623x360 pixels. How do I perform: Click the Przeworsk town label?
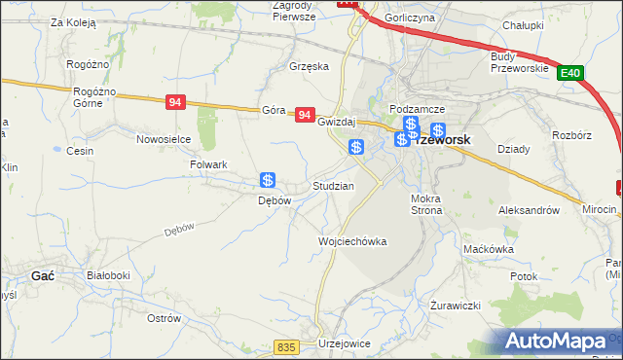(x=443, y=140)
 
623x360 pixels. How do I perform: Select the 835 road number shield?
(x=285, y=346)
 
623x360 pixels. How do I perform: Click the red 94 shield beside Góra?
(x=306, y=115)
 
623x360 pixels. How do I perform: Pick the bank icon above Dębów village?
(x=268, y=180)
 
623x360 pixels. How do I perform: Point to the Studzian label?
(x=332, y=185)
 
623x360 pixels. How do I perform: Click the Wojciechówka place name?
(x=352, y=241)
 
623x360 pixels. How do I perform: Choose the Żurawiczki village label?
(x=456, y=305)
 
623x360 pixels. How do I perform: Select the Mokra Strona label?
(x=426, y=204)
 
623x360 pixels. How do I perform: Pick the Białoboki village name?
(x=108, y=275)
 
